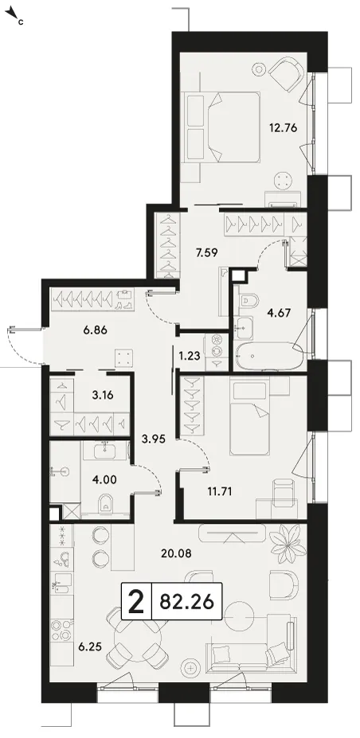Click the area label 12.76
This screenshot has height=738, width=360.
point(283,127)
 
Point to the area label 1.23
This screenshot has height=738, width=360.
point(190,356)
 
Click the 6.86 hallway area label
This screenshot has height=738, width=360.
point(95,330)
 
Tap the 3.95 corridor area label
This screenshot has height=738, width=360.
point(154,439)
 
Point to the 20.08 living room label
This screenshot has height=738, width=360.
point(175,553)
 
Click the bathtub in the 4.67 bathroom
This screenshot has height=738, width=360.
point(270,356)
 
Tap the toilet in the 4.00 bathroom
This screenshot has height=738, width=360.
point(107,504)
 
